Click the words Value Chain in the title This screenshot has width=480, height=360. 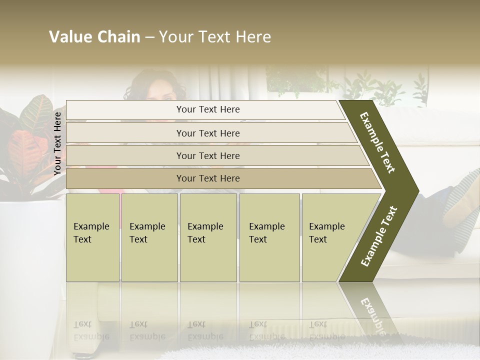pos(94,37)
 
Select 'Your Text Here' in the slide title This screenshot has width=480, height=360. pos(215,37)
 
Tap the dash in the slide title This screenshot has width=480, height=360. pos(149,37)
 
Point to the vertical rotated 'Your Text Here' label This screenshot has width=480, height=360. pos(58,143)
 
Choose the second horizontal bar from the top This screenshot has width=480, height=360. pos(208,133)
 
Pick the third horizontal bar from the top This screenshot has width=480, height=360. pos(208,155)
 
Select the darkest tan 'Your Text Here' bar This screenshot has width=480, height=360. pos(208,178)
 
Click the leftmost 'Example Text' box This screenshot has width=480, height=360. pos(92,237)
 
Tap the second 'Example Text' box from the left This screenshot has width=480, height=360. pos(149,237)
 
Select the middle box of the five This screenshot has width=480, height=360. pos(208,237)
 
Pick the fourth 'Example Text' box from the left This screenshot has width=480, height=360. pos(269,237)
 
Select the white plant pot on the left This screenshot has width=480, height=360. pos(27,250)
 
